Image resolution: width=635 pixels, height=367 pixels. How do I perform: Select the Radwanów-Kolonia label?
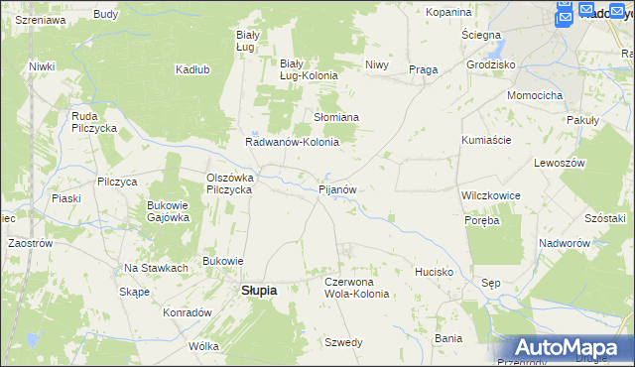coord(293,142)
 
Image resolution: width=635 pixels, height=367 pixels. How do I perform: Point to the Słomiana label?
coord(336,117)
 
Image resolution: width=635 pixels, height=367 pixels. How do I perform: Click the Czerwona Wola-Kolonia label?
coord(357,288)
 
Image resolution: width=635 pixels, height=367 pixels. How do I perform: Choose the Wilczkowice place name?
coord(491,195)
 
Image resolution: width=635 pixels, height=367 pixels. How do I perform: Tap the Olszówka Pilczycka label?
coord(230,183)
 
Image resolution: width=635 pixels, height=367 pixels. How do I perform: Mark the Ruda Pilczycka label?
coord(95,122)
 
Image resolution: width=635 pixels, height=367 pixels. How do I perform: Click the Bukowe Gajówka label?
coord(168,211)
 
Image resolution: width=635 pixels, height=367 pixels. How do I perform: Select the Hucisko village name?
coord(435,271)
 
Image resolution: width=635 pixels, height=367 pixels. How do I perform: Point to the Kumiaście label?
coord(486,140)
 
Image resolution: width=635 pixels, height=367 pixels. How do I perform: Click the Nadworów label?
coord(566,243)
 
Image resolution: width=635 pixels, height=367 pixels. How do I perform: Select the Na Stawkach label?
coord(156,268)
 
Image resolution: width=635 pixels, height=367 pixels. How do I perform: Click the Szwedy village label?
coord(343,342)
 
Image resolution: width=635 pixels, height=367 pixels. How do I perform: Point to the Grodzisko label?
coord(490,64)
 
